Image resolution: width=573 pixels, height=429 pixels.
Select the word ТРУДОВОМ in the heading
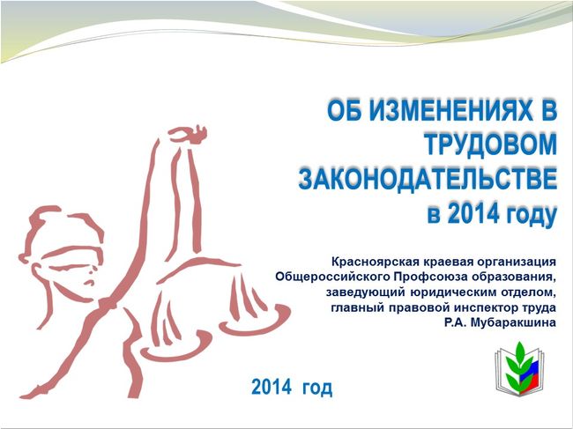coord(490,144)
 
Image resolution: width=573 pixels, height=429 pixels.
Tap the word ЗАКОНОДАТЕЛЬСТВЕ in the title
coord(428,179)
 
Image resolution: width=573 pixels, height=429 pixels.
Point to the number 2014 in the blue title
coord(473,213)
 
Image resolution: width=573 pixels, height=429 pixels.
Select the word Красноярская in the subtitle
coord(374,262)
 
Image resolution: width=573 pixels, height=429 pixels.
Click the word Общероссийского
coord(332,277)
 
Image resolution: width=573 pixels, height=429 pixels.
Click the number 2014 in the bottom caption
coord(272,387)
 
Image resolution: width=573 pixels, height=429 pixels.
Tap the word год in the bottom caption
coord(317,388)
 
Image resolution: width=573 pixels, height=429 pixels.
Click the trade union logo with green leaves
coord(519,368)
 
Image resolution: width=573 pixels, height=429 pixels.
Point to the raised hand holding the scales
coord(188,135)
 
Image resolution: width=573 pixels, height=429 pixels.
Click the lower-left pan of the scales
coord(175,347)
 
